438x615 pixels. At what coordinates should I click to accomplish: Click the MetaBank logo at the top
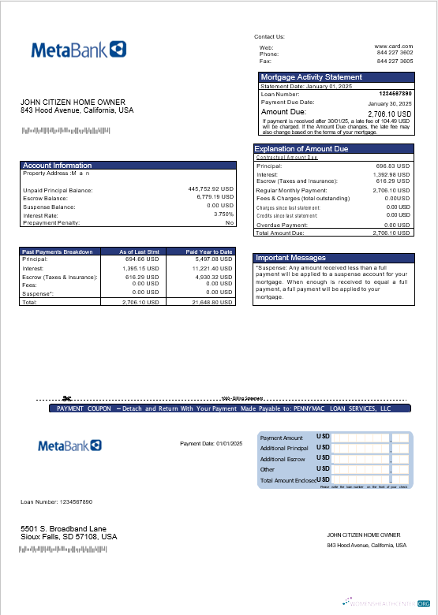tap(78, 50)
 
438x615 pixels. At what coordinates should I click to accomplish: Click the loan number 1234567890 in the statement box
tap(395, 94)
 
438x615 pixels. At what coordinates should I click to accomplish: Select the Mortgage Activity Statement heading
tap(311, 77)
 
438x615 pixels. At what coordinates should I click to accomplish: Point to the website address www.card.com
tap(394, 47)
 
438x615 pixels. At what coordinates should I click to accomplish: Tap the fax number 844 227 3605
tap(395, 61)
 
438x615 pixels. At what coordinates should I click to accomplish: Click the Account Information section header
tap(58, 166)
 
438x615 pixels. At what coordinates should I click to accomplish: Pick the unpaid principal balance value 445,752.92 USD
tap(211, 189)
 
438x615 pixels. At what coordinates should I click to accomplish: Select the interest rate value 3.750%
tap(224, 214)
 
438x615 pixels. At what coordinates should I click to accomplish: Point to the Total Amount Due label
tap(280, 233)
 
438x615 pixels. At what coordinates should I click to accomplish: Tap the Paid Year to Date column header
tap(209, 252)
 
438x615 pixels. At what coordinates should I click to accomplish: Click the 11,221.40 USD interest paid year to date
tap(213, 267)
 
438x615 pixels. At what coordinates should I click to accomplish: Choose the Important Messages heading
tap(290, 258)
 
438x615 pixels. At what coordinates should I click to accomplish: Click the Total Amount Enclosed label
tap(288, 480)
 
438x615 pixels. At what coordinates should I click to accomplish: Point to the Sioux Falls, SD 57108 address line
tap(69, 537)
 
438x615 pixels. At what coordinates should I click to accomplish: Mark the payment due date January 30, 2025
tap(390, 103)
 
